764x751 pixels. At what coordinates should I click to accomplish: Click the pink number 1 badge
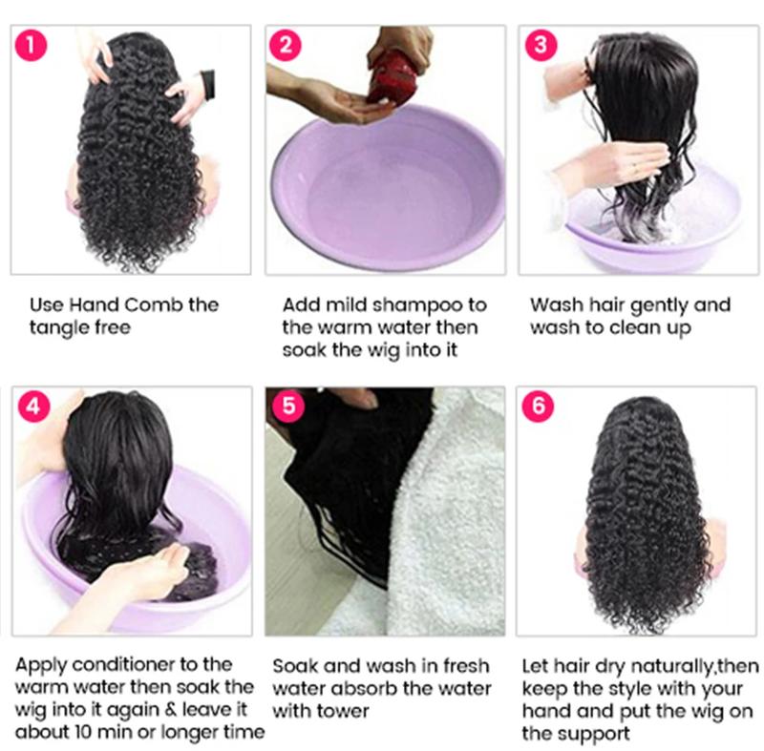pos(34,45)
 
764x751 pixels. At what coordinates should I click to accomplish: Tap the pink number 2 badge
pos(286,45)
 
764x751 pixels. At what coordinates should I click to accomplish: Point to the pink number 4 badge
pos(34,406)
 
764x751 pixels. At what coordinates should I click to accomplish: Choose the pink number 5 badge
pos(286,406)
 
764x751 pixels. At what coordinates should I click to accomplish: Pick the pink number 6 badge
pos(539,406)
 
